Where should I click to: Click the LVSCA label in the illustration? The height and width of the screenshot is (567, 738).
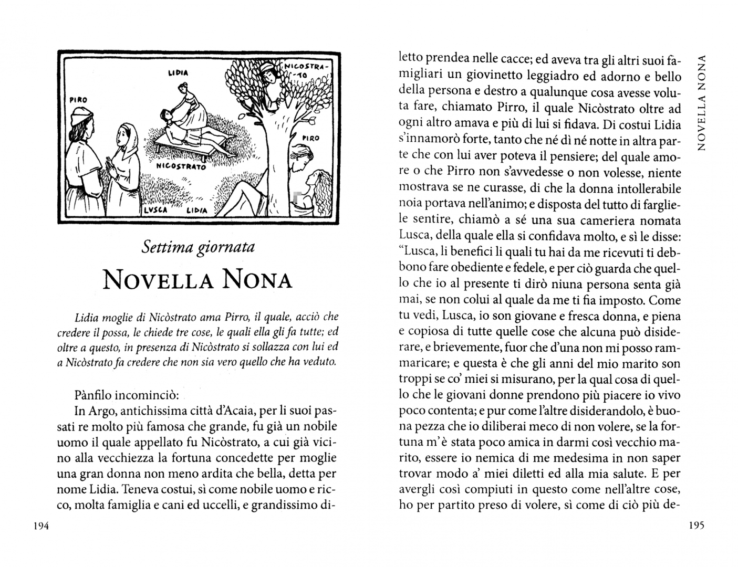[x=155, y=209]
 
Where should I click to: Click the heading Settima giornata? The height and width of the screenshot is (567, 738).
[x=198, y=247]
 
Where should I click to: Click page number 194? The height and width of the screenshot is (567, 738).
[x=40, y=527]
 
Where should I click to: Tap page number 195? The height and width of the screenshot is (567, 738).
[x=696, y=526]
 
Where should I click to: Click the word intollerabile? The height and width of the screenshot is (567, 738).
[x=642, y=188]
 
